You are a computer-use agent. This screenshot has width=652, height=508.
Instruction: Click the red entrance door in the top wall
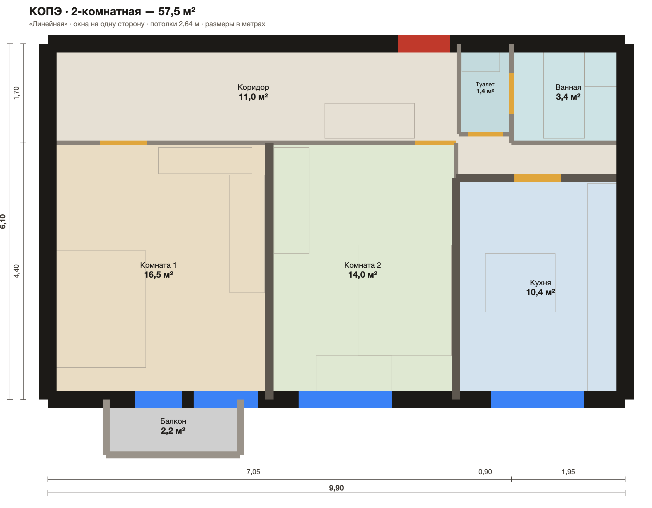pyautogui.click(x=424, y=44)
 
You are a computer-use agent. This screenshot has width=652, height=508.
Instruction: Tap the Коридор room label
pyautogui.click(x=253, y=87)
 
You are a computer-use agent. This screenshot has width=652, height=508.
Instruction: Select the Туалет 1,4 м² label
pyautogui.click(x=485, y=88)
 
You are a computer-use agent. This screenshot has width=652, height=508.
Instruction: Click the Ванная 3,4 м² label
pyautogui.click(x=568, y=92)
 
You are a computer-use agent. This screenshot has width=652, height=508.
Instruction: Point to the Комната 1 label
pyautogui.click(x=158, y=265)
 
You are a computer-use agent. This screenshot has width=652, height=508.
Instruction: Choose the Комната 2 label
pyautogui.click(x=362, y=265)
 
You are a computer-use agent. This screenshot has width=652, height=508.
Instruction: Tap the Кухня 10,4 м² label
pyautogui.click(x=540, y=287)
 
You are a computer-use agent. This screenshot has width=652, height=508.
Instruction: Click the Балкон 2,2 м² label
pyautogui.click(x=173, y=426)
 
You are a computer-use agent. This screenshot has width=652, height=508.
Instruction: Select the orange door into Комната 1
pyautogui.click(x=124, y=143)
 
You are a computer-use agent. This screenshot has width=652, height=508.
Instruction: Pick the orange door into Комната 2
pyautogui.click(x=436, y=143)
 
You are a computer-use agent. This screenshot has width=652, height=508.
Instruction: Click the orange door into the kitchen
pyautogui.click(x=538, y=178)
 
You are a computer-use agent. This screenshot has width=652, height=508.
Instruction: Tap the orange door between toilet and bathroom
pyautogui.click(x=511, y=93)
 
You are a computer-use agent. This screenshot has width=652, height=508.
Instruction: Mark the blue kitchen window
pyautogui.click(x=538, y=399)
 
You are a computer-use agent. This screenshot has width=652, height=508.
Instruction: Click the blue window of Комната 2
pyautogui.click(x=345, y=399)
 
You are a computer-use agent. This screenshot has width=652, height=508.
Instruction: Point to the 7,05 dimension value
pyautogui.click(x=253, y=472)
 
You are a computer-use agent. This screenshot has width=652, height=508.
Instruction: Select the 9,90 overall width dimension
pyautogui.click(x=336, y=488)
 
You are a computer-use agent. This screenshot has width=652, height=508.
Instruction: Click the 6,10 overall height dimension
pyautogui.click(x=3, y=222)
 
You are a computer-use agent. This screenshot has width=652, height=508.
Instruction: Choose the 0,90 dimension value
pyautogui.click(x=485, y=472)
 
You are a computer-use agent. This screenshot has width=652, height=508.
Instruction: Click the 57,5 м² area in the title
pyautogui.click(x=177, y=11)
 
